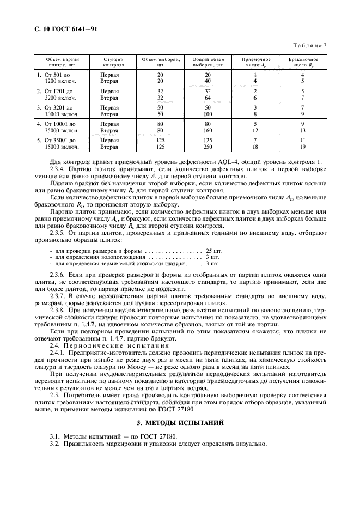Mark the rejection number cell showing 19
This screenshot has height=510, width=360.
coord(303,147)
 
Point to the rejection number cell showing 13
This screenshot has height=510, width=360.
coord(303,131)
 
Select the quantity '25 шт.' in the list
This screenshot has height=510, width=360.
coord(213,250)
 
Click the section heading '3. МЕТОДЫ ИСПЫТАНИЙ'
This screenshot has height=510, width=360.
coord(180,422)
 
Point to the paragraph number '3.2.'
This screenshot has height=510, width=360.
coord(54,443)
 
